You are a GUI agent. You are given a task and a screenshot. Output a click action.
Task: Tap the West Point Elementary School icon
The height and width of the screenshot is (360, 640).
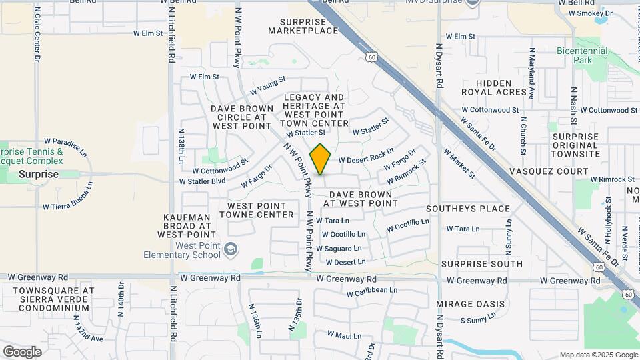[230, 250]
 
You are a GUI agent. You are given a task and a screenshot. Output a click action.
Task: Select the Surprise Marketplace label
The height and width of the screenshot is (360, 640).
[303, 26]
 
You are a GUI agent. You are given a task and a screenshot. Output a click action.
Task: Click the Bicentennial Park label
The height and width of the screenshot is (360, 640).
[582, 55]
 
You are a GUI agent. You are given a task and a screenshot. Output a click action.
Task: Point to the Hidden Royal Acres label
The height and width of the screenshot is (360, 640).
[494, 87]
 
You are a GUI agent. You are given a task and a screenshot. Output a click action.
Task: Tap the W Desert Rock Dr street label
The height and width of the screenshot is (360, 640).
[366, 156]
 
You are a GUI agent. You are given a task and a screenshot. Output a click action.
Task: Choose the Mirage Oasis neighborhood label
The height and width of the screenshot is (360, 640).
[471, 304]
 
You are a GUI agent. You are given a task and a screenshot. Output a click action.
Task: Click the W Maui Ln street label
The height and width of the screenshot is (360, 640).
[343, 335]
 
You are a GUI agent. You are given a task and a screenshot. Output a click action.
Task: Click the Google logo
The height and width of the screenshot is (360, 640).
[22, 351]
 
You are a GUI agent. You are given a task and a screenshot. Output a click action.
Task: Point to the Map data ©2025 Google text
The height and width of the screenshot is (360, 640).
[598, 355]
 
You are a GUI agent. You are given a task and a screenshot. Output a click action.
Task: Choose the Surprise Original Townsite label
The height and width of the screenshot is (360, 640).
[575, 145]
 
